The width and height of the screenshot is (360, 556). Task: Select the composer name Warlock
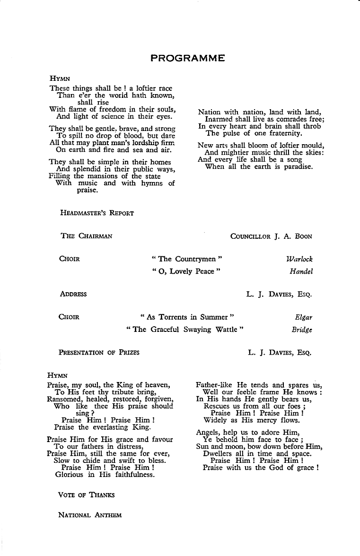click(x=299, y=259)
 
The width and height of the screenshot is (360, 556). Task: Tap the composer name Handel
click(x=301, y=272)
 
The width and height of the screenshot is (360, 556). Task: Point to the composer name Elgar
click(x=303, y=317)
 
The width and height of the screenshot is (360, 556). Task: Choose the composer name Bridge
click(x=302, y=330)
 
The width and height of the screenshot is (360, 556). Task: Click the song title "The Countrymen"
click(x=187, y=259)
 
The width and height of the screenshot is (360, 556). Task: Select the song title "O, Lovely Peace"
click(x=185, y=272)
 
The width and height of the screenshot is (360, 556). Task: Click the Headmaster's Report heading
click(x=97, y=213)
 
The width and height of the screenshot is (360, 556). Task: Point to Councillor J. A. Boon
click(x=271, y=236)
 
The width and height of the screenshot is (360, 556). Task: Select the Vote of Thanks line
click(x=86, y=495)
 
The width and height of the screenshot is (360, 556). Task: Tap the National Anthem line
click(x=90, y=515)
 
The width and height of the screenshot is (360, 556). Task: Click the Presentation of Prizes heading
click(x=99, y=352)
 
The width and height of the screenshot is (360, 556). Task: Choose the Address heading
click(x=73, y=294)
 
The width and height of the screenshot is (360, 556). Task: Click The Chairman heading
click(x=87, y=236)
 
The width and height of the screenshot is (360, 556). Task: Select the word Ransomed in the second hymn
click(x=64, y=399)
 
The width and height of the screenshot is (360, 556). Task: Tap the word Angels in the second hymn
click(x=209, y=432)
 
